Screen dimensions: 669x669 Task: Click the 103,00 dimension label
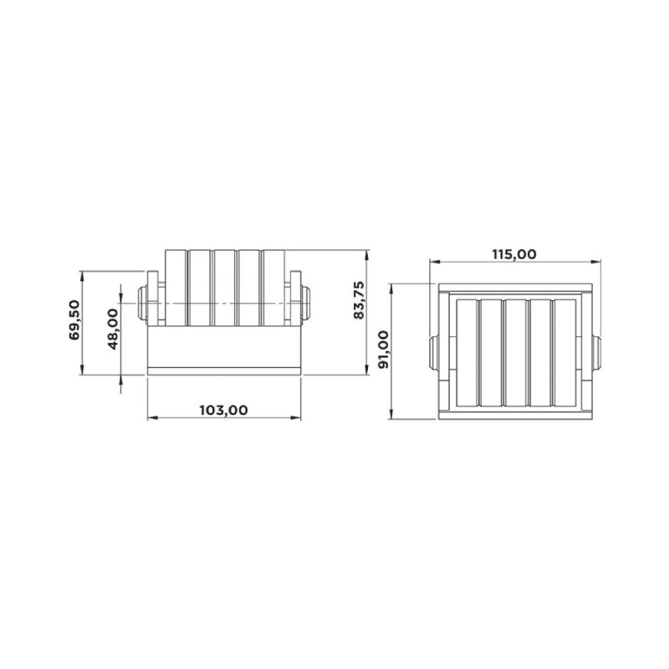click(223, 410)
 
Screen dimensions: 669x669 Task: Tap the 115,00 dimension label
click(514, 254)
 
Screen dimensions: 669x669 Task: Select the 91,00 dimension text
click(384, 349)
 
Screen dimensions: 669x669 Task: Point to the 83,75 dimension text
click(360, 300)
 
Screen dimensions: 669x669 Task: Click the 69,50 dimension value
click(74, 319)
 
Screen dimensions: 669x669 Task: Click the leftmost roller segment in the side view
click(176, 288)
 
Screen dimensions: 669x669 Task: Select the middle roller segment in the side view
click(224, 288)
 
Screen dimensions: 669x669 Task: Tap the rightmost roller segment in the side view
click(273, 288)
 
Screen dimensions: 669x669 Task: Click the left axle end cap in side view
click(142, 303)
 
